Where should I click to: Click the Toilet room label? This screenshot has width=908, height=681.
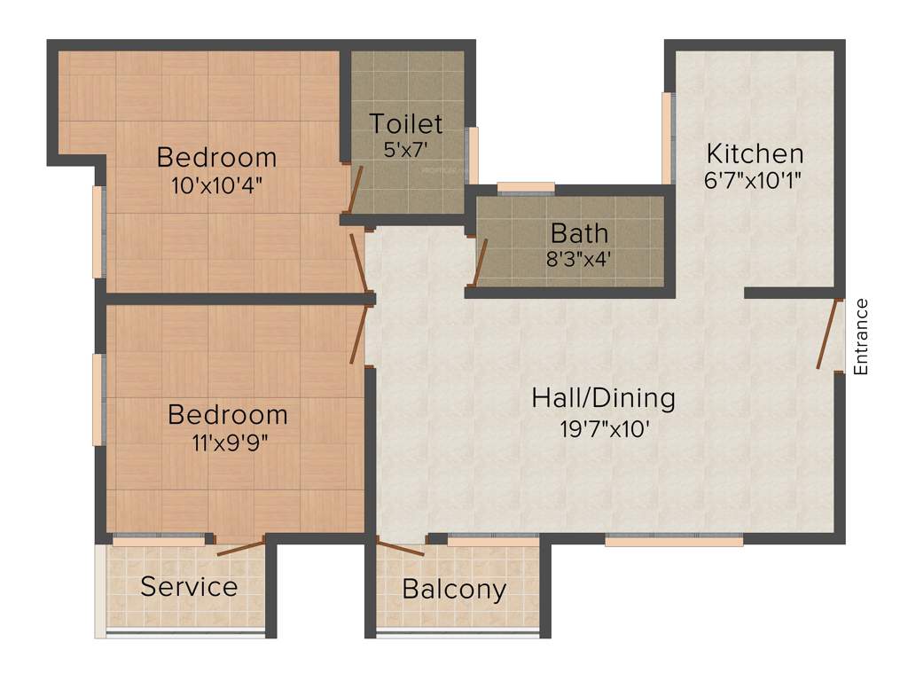click(405, 122)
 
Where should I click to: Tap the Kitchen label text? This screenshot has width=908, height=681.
click(755, 153)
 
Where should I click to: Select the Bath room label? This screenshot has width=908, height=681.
click(579, 233)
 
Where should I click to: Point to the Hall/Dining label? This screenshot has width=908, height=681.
click(603, 397)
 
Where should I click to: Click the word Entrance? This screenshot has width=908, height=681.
click(860, 337)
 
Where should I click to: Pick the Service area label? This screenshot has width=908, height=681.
click(189, 586)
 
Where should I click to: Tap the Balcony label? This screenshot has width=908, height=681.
click(454, 589)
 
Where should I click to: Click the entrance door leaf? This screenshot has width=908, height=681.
click(829, 334)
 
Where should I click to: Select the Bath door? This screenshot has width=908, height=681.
click(480, 261)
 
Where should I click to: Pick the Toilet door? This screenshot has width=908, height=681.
click(355, 187)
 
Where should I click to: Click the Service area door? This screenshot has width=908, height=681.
click(240, 546)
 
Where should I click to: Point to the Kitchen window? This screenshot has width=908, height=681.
click(667, 137)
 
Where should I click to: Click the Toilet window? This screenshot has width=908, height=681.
click(474, 155)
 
